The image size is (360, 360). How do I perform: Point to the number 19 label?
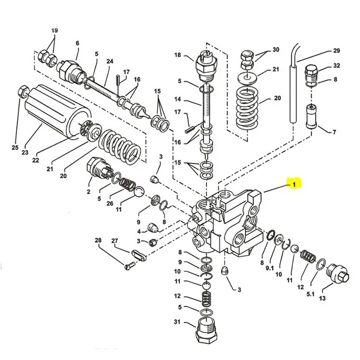coord(55,31)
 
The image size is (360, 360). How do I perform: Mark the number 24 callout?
coord(110,62)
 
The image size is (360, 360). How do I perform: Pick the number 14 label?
coord(178,98)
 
